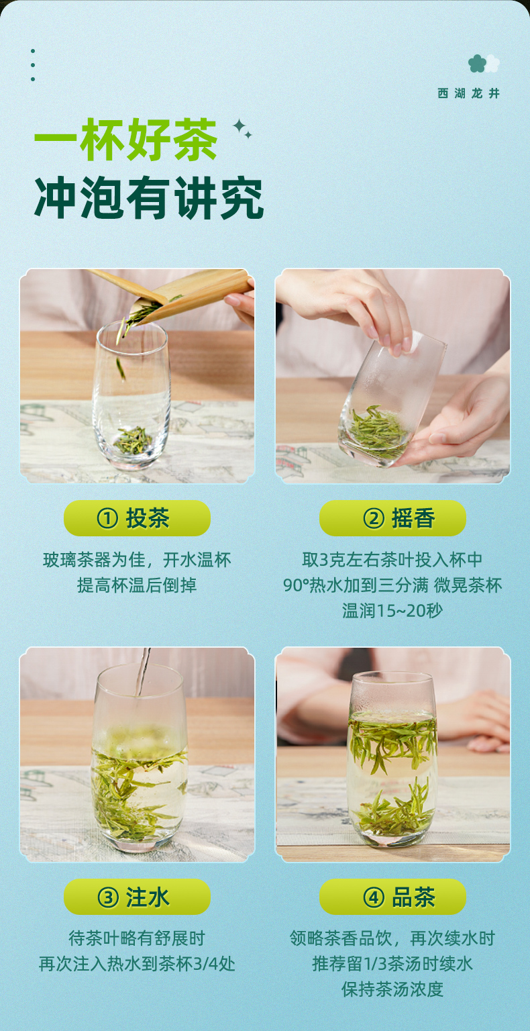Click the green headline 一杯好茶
125,140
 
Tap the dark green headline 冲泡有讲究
149,198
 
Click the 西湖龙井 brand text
468,93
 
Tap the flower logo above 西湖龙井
484,64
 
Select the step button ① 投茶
137,518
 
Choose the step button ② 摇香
393,518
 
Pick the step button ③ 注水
137,897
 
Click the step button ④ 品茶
393,897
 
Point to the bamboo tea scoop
184,290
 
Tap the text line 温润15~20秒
392,611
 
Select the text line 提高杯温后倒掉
137,585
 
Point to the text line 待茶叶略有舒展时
137,938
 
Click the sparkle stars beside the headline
242,128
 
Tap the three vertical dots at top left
33,65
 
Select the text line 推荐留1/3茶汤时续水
392,964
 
